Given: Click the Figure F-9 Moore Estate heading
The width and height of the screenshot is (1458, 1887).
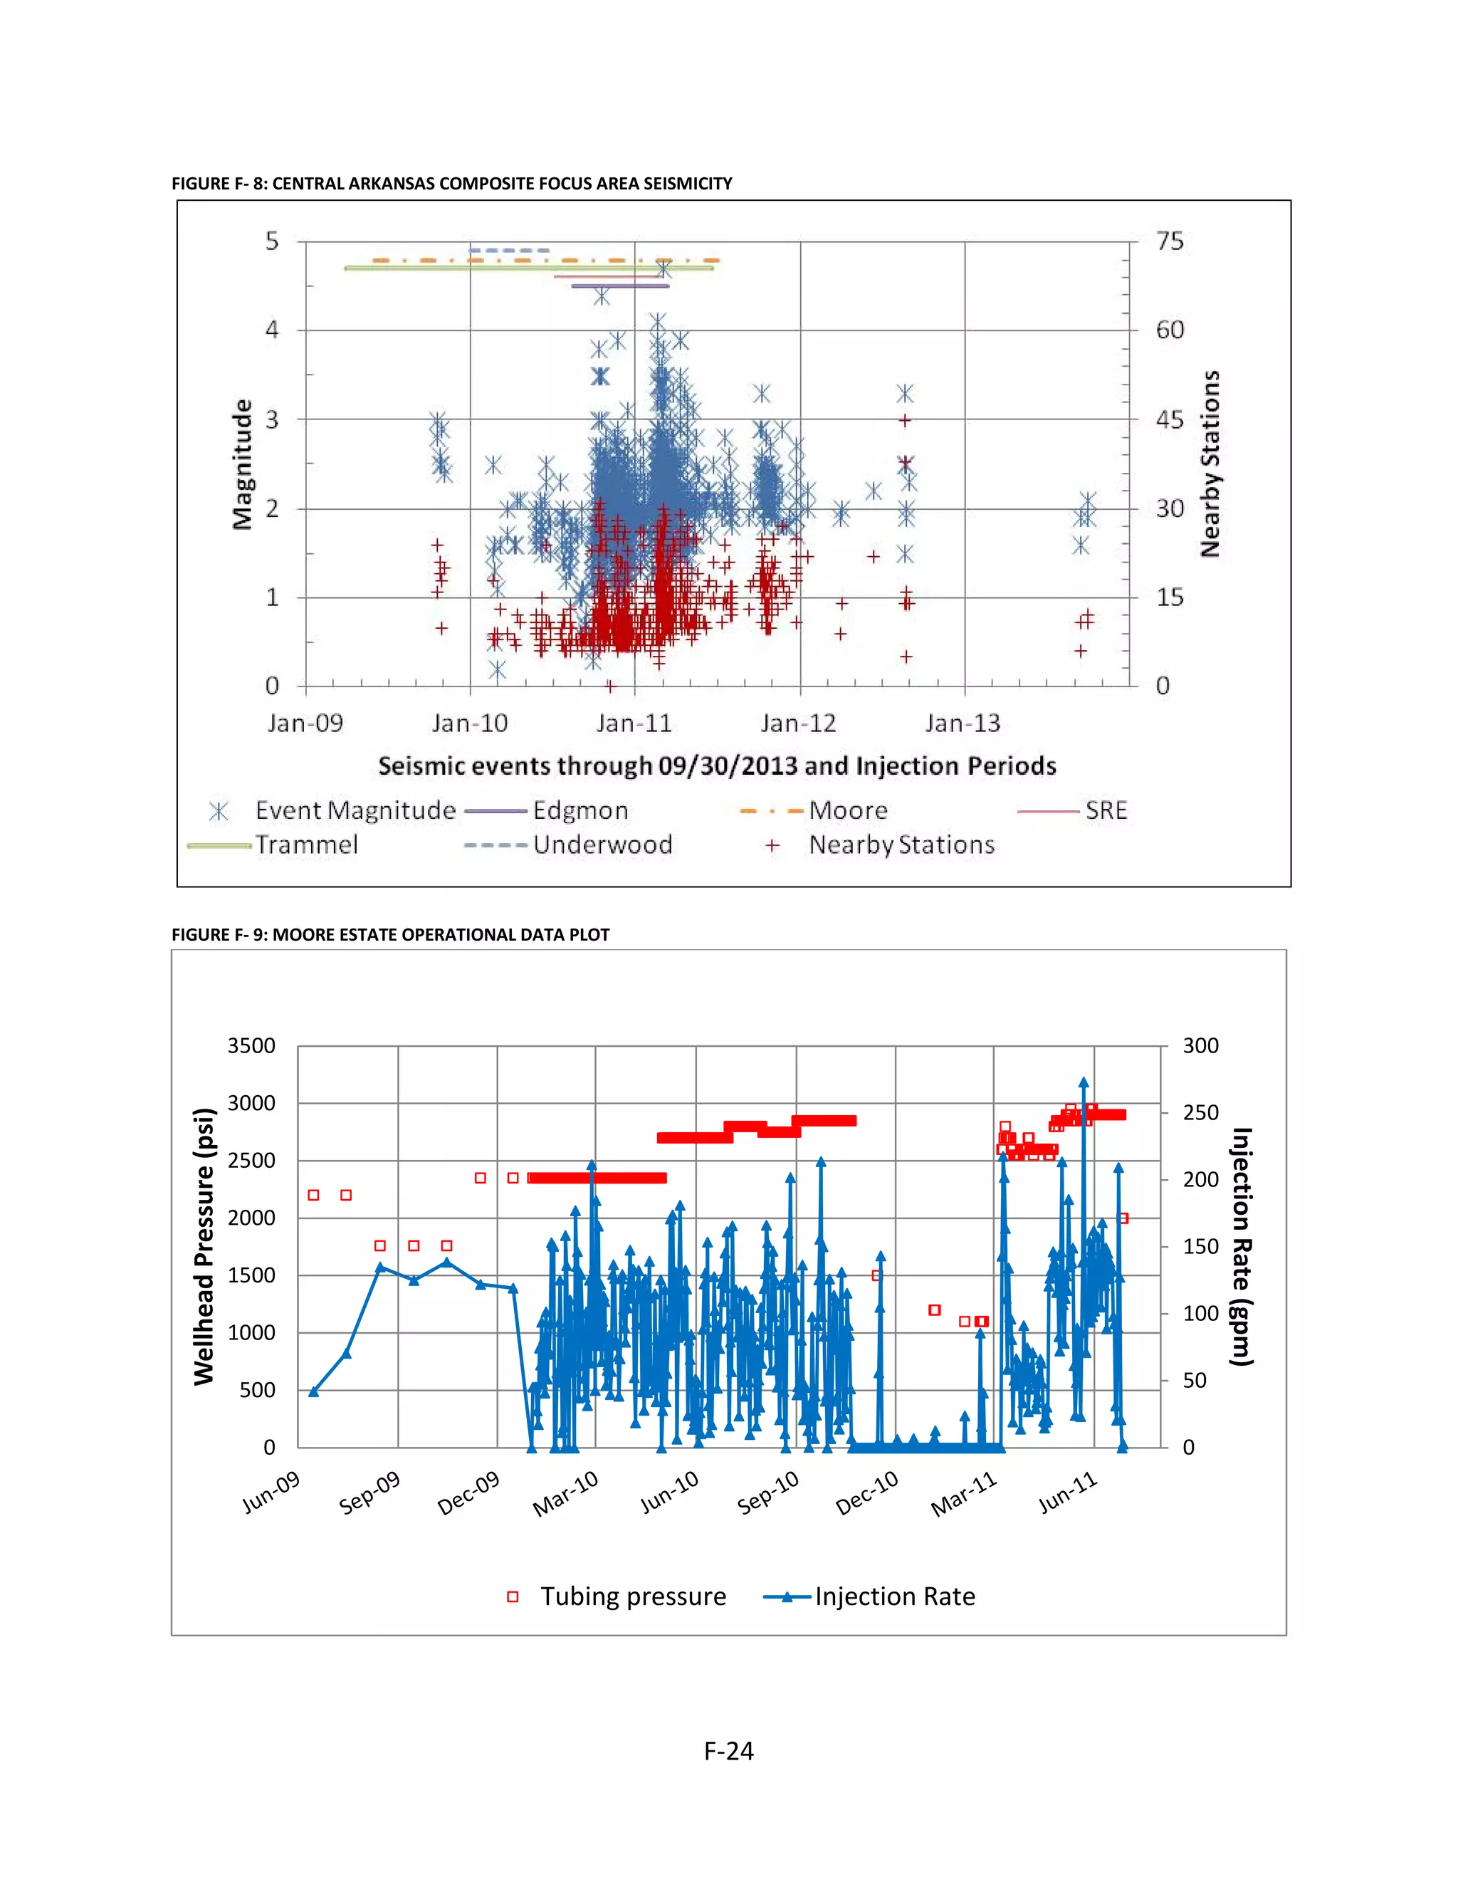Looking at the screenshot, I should (x=390, y=934).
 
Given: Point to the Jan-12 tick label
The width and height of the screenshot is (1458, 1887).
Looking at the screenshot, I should (x=798, y=723).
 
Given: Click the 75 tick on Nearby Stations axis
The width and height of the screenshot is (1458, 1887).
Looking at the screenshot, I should (x=1170, y=241).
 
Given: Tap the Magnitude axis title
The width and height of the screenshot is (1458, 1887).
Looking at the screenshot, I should (x=243, y=464).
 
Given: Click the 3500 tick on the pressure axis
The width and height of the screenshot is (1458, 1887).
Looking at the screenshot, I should (x=251, y=1045).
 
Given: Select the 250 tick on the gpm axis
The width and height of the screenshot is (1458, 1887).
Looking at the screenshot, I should (x=1200, y=1113).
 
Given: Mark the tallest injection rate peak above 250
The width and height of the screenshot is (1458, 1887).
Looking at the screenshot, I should (x=1083, y=1082).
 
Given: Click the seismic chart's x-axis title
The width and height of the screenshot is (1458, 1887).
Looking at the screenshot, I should (x=717, y=765).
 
